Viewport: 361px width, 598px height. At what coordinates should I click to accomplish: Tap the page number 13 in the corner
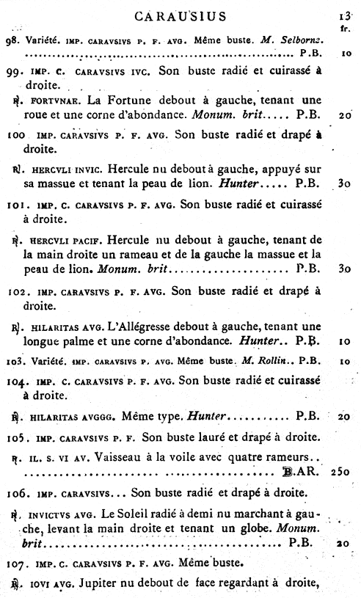[345, 15]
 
